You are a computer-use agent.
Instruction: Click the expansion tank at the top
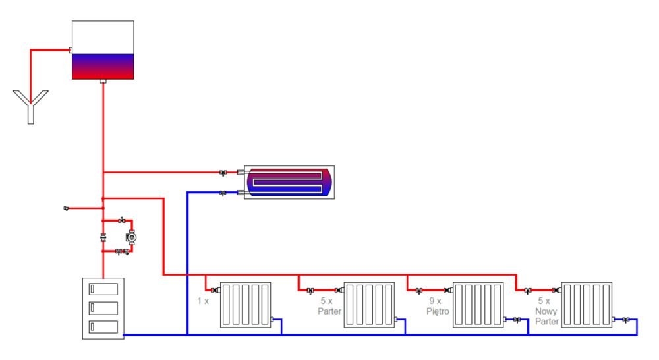pos(103,50)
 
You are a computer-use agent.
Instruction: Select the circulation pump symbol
pos(131,237)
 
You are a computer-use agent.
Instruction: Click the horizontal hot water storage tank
pos(289,183)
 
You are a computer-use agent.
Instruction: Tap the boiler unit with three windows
pos(103,308)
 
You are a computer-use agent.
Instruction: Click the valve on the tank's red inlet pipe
pos(224,173)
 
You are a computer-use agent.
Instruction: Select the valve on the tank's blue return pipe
pos(224,193)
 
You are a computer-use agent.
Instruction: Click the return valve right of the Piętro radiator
pos(518,320)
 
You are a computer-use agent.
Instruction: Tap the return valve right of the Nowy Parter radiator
pos(626,320)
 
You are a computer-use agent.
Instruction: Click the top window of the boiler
pos(103,289)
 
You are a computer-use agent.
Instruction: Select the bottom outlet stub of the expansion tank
pos(103,82)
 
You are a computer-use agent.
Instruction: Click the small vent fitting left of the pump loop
pos(67,208)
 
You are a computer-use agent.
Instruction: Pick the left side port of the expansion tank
pos(70,49)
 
